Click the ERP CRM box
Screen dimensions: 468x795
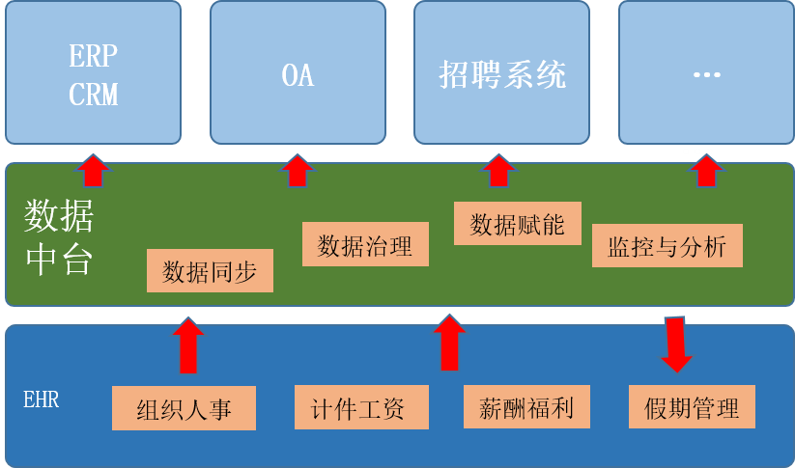coord(93,72)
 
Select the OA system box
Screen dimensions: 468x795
coord(298,72)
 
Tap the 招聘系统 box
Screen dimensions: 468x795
coord(501,72)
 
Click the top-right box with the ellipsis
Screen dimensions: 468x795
coord(706,72)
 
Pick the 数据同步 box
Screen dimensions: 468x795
coord(210,271)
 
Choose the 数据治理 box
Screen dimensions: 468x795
coord(364,245)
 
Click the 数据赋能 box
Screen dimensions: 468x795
coord(517,223)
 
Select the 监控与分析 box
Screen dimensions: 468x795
coord(667,246)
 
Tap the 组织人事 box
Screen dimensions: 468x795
coord(184,407)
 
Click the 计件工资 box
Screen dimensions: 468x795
coord(361,407)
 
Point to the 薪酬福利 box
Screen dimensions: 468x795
coord(525,407)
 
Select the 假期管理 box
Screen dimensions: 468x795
coord(691,407)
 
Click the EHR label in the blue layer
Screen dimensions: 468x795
coord(41,399)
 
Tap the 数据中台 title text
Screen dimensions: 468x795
coord(59,237)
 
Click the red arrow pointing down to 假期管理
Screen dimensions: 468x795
coord(676,343)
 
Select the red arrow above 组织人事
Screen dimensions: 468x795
coord(188,345)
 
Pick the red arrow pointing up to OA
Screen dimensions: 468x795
coord(298,170)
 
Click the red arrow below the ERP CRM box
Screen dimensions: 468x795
coord(93,170)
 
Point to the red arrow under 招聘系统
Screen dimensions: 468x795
coord(498,170)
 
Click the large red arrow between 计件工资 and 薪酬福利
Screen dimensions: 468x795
coord(448,343)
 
